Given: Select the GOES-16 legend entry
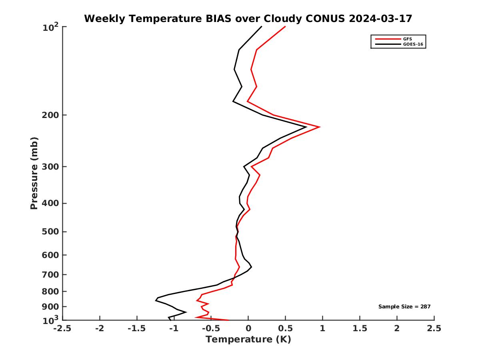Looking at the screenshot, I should [412, 44].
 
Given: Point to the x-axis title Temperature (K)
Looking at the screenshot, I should [248, 340].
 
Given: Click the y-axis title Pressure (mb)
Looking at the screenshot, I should [34, 173].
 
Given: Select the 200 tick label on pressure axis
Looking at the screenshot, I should [49, 115].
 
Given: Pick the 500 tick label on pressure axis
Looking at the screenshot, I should [49, 232].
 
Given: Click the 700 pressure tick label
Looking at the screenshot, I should [49, 274].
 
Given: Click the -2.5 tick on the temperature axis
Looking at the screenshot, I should [62, 328].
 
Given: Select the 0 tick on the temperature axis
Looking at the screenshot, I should [248, 328].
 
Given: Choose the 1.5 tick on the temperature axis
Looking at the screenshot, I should [360, 328].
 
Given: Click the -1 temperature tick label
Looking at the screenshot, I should [174, 328].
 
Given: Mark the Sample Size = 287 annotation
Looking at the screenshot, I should [404, 307].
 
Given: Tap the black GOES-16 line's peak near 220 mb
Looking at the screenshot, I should [306, 127].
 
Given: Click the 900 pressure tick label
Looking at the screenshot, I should [49, 307].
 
